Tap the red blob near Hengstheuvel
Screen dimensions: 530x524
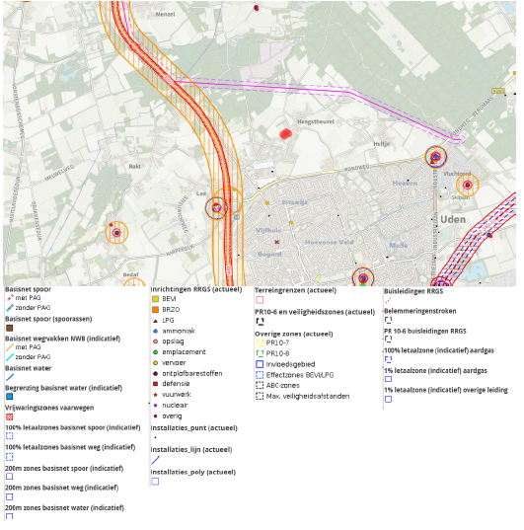[287, 133]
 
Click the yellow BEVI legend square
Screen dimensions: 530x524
[156, 298]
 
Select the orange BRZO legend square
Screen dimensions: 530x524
[156, 309]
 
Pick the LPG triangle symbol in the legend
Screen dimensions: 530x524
[156, 320]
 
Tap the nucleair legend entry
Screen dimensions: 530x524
[178, 405]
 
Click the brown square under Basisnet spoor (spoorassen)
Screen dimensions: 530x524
[9, 328]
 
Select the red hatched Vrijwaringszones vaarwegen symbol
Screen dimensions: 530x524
[9, 417]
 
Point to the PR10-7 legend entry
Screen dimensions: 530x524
[282, 342]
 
